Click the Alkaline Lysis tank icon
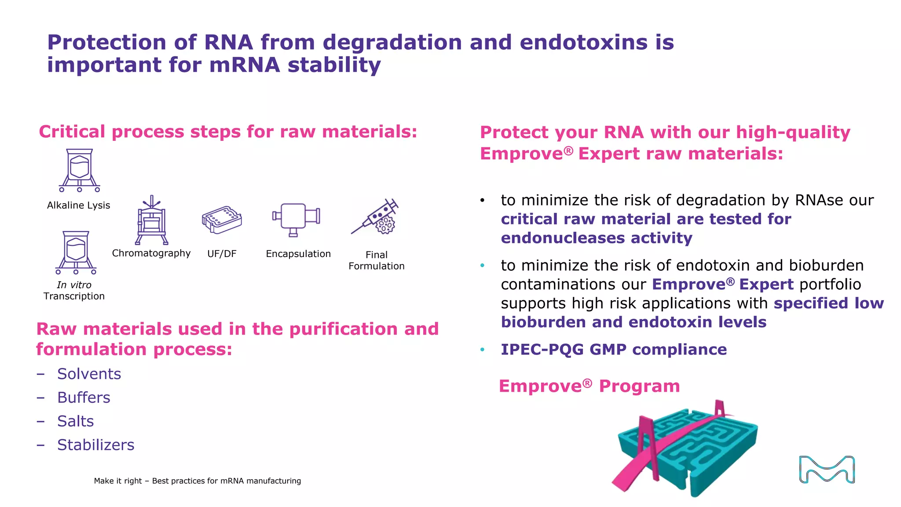[80, 170]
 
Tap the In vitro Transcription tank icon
[76, 252]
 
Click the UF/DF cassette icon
[222, 220]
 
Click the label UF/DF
[222, 254]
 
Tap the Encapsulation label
[298, 254]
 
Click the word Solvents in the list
[89, 374]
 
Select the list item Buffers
[84, 398]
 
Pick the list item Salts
[76, 422]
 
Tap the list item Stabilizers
[96, 445]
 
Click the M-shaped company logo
[827, 470]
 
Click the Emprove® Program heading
[589, 386]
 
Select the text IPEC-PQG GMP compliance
[614, 349]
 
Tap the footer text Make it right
[118, 481]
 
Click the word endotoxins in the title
[583, 42]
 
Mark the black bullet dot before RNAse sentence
[482, 201]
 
